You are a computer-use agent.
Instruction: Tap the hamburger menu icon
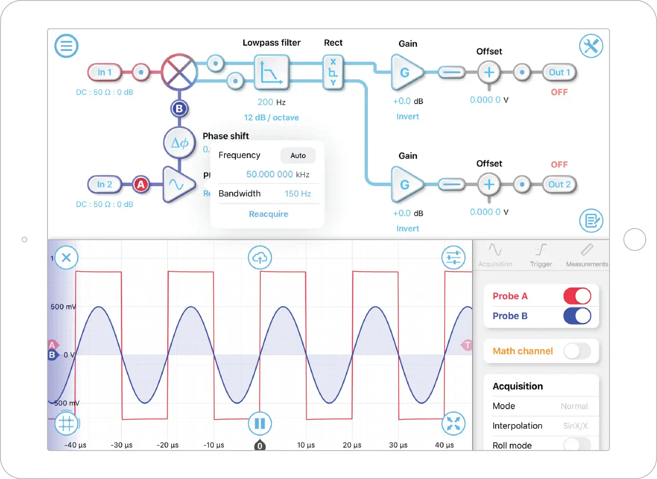[x=66, y=46]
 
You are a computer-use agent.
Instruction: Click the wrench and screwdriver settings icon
[x=591, y=46]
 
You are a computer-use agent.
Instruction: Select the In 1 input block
[x=104, y=72]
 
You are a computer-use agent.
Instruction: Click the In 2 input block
[x=104, y=185]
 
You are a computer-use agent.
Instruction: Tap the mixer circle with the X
[x=180, y=72]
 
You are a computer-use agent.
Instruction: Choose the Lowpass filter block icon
[x=271, y=72]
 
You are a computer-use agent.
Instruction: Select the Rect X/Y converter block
[x=333, y=72]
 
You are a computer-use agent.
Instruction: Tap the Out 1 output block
[x=559, y=72]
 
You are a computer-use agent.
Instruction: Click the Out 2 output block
[x=559, y=185]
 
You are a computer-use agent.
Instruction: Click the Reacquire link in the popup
[x=269, y=214]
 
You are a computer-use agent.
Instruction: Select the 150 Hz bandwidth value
[x=298, y=194]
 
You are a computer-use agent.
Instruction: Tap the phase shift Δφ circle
[x=180, y=143]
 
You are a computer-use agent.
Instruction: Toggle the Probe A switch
[x=577, y=296]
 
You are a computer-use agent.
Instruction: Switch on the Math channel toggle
[x=577, y=351]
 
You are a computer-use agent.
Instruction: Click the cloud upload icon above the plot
[x=260, y=258]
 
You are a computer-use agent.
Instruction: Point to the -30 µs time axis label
[x=121, y=445]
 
